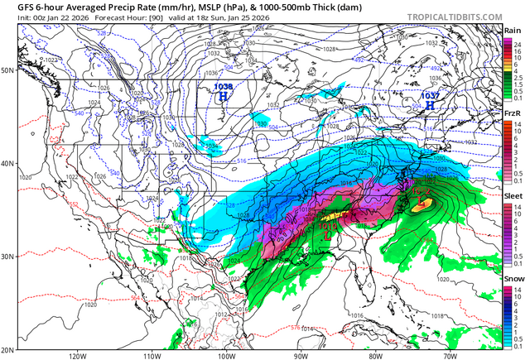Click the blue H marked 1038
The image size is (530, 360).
[x=223, y=97]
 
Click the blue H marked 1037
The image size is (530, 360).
[x=430, y=105]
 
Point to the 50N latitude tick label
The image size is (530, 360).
[x=8, y=70]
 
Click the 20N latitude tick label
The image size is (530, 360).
[x=8, y=349]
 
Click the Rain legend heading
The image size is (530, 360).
[x=513, y=31]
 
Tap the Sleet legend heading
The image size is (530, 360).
[x=513, y=195]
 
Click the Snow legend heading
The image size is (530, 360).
[x=513, y=279]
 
